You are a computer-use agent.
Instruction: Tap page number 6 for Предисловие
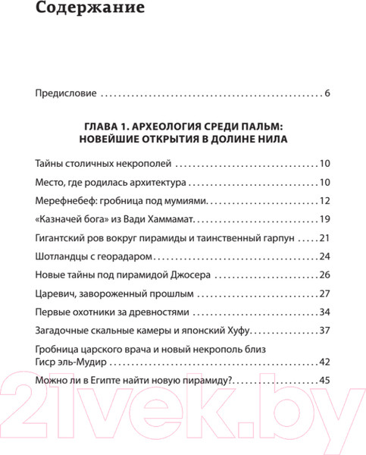point(327,95)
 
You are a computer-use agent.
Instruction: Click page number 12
point(325,201)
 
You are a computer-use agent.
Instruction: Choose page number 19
point(325,220)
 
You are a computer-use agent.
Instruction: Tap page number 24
point(325,257)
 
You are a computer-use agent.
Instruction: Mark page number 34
point(325,312)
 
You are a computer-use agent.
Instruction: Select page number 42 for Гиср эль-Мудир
point(325,362)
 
